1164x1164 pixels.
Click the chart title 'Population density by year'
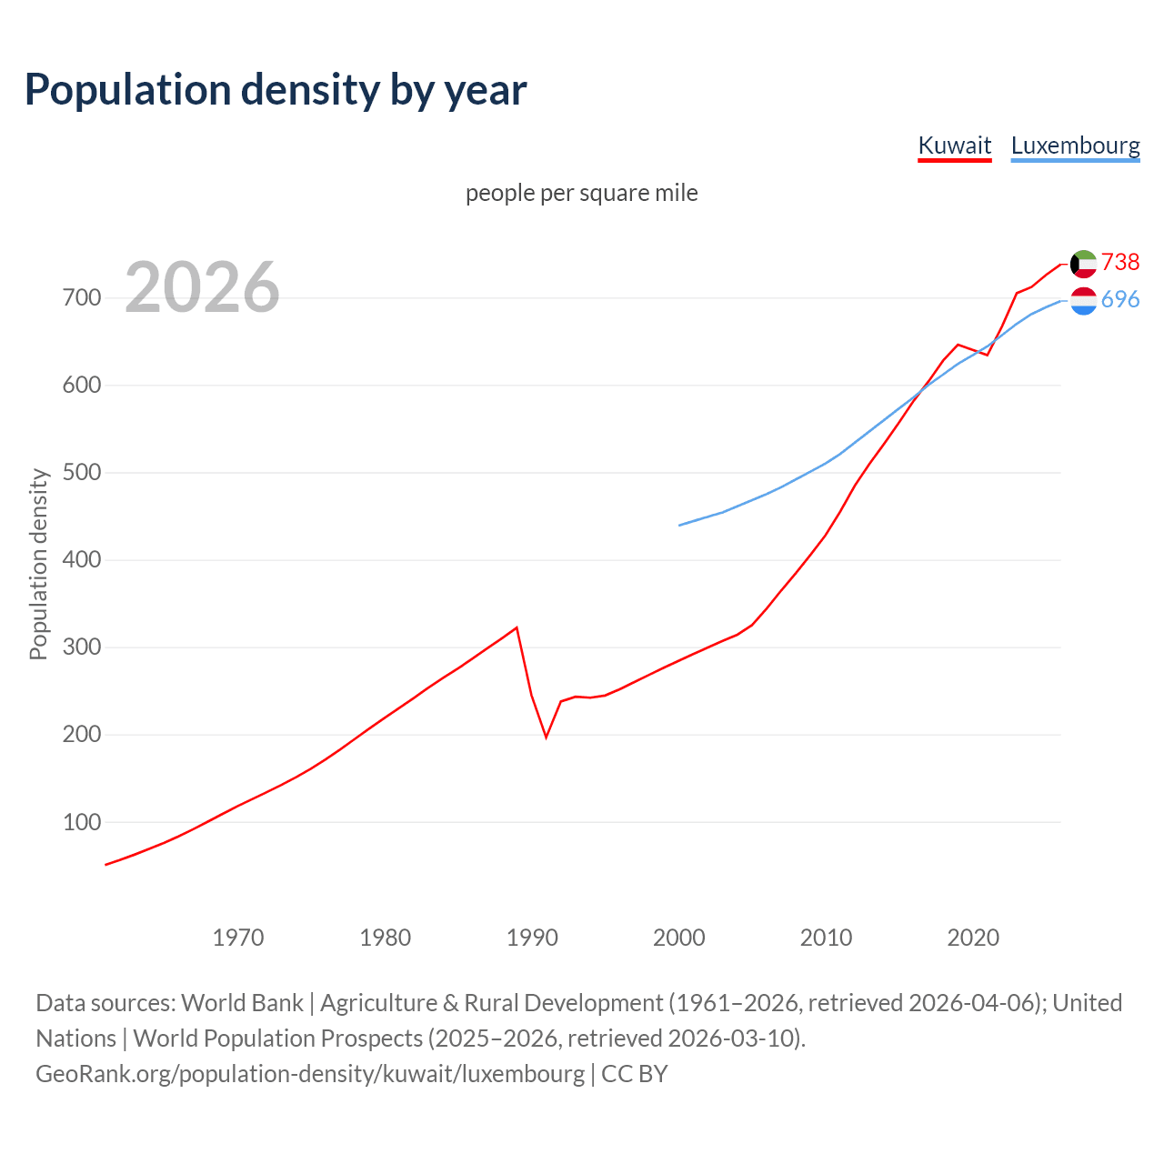pyautogui.click(x=276, y=89)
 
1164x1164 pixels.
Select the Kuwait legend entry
pyautogui.click(x=954, y=145)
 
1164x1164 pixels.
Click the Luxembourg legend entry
pyautogui.click(x=1075, y=145)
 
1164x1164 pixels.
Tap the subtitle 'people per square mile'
pyautogui.click(x=582, y=193)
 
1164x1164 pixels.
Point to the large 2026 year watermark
pyautogui.click(x=202, y=287)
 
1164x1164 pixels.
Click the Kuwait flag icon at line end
pyautogui.click(x=1083, y=264)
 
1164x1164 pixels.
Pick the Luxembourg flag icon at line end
pyautogui.click(x=1083, y=301)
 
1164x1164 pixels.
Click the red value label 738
pyautogui.click(x=1120, y=262)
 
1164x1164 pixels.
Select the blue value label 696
pyautogui.click(x=1120, y=299)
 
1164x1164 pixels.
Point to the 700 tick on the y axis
pyautogui.click(x=82, y=298)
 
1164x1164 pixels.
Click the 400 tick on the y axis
pyautogui.click(x=82, y=560)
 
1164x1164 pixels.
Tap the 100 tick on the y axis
pyautogui.click(x=82, y=822)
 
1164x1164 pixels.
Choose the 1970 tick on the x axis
pyautogui.click(x=238, y=938)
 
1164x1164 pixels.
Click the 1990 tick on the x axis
pyautogui.click(x=532, y=938)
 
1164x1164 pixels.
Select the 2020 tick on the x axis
pyautogui.click(x=973, y=938)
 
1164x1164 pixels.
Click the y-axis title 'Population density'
pyautogui.click(x=38, y=564)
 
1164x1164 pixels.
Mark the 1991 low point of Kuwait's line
pyautogui.click(x=547, y=737)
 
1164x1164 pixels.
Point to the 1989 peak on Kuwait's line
pyautogui.click(x=517, y=627)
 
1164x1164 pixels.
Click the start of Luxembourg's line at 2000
pyautogui.click(x=679, y=525)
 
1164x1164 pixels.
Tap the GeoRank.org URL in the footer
pyautogui.click(x=310, y=1074)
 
